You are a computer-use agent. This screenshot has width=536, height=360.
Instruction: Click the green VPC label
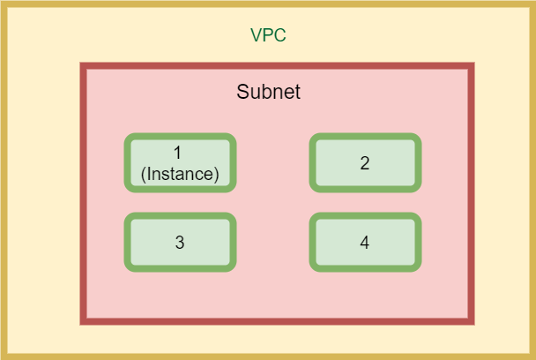(268, 36)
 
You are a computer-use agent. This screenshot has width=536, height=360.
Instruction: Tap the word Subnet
(269, 92)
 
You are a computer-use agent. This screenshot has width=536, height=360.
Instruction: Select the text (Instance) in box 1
(180, 174)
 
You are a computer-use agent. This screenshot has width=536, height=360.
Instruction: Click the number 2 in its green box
(365, 163)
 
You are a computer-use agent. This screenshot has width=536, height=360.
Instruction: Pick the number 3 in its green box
(180, 243)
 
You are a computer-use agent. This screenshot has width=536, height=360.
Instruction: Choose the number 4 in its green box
(365, 243)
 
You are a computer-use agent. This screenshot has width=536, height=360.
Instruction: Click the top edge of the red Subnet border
(277, 66)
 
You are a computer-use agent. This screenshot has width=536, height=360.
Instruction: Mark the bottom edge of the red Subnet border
(277, 321)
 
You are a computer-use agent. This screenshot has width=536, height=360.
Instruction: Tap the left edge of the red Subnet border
(84, 194)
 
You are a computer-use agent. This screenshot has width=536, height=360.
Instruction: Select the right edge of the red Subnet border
(471, 194)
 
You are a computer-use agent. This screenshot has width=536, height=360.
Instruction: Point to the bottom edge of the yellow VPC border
(268, 356)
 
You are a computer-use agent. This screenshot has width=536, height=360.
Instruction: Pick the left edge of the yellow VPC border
(4, 180)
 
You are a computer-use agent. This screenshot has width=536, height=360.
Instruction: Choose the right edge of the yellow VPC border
(532, 180)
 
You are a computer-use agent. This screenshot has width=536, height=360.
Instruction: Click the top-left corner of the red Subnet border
(84, 66)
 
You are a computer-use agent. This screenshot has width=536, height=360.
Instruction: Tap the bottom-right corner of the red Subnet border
(471, 321)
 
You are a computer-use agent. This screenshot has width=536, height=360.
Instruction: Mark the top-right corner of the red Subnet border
(471, 66)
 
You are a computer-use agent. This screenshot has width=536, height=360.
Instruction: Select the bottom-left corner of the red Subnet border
(84, 321)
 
